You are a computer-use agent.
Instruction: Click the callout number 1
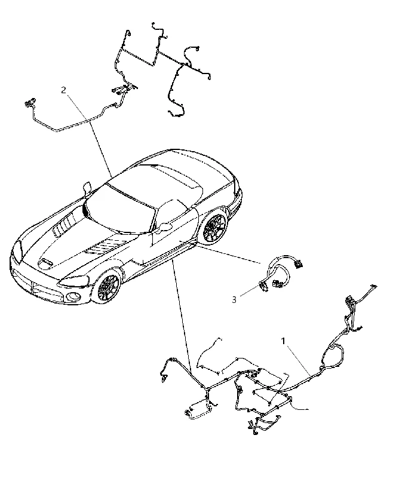tap(283, 341)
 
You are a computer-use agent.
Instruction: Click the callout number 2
tap(63, 90)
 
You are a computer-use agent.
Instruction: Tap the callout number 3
tap(234, 300)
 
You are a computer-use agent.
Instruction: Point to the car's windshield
tap(120, 209)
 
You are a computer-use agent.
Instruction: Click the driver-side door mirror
tap(164, 227)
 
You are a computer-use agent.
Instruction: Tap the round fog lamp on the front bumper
tap(73, 295)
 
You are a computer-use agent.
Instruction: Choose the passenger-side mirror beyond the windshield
tap(87, 187)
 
